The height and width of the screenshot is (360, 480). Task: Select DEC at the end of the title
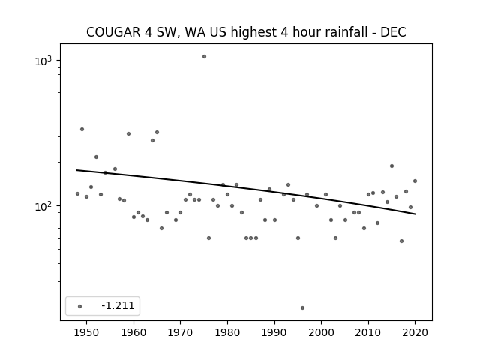(x=393, y=32)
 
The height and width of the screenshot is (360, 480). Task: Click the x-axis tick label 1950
(x=87, y=332)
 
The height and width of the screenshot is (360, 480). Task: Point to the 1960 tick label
(x=133, y=332)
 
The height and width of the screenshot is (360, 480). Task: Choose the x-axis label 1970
(x=180, y=332)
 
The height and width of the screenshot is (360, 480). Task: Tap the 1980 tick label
(x=227, y=332)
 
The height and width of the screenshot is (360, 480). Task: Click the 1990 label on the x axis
(x=274, y=332)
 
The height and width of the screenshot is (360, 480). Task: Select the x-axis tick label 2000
(x=322, y=332)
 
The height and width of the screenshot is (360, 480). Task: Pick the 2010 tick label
(x=368, y=332)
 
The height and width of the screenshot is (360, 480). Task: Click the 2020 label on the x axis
(x=415, y=332)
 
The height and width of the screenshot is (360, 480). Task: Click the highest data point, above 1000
(x=204, y=57)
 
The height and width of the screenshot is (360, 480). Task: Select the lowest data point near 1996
(x=302, y=307)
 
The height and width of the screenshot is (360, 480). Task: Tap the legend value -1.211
(x=118, y=305)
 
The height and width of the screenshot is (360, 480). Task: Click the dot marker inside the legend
(x=79, y=306)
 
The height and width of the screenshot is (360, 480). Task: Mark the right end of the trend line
(x=415, y=214)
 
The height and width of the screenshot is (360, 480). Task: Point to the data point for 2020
(x=415, y=181)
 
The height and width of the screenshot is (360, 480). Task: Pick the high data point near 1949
(x=82, y=129)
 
